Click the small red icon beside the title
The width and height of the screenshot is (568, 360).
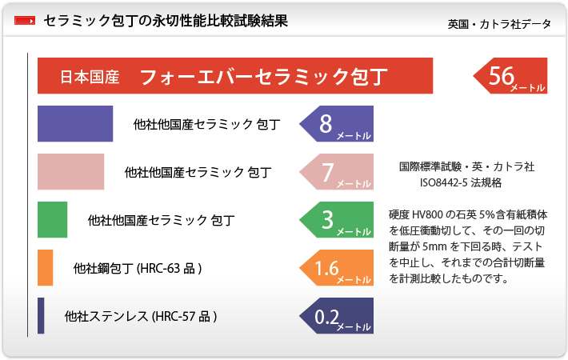pyautogui.click(x=25, y=21)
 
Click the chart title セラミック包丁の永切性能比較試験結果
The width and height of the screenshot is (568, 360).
pyautogui.click(x=166, y=21)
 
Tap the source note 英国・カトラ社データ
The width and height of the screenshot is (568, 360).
pyautogui.click(x=499, y=24)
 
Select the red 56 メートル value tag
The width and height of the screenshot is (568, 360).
pyautogui.click(x=510, y=76)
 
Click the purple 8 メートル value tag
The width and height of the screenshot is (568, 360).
pyautogui.click(x=337, y=123)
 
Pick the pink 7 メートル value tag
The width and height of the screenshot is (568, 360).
pyautogui.click(x=337, y=172)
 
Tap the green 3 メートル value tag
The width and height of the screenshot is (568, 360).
pyautogui.click(x=337, y=219)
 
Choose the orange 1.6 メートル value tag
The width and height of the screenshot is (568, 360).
pyautogui.click(x=337, y=268)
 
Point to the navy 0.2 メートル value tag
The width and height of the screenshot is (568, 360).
pyautogui.click(x=337, y=316)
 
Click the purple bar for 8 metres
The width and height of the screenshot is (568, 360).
pyautogui.click(x=75, y=123)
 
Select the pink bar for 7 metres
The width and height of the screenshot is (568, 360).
pyautogui.click(x=71, y=172)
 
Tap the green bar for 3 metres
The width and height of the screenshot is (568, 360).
pyautogui.click(x=53, y=219)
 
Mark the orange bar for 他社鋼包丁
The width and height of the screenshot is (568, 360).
pyautogui.click(x=46, y=268)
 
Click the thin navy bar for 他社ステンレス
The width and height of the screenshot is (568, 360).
pyautogui.click(x=41, y=316)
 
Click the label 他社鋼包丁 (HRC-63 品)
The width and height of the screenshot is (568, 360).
pyautogui.click(x=138, y=268)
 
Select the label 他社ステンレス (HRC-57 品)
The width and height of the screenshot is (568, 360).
pyautogui.click(x=141, y=317)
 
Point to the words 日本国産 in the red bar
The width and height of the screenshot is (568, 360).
pyautogui.click(x=90, y=77)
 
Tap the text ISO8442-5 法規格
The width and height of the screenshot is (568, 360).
pyautogui.click(x=461, y=182)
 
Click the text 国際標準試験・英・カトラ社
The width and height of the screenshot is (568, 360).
pyautogui.click(x=467, y=166)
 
